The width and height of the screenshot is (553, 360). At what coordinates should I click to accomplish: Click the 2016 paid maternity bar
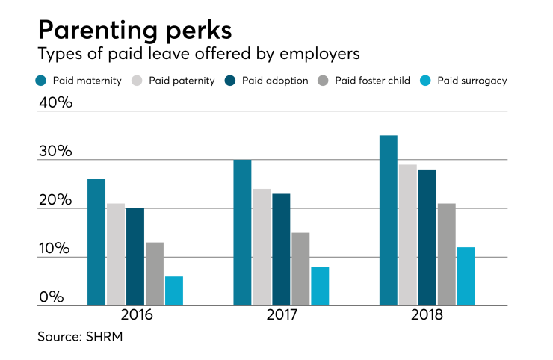pyautogui.click(x=96, y=243)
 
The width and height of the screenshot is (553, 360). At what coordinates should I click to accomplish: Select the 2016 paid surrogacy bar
pyautogui.click(x=174, y=291)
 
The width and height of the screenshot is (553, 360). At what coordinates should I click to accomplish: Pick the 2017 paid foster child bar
pyautogui.click(x=300, y=269)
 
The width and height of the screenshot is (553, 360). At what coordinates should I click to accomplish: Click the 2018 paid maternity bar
pyautogui.click(x=389, y=220)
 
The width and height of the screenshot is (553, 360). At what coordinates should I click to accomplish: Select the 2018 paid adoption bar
pyautogui.click(x=427, y=238)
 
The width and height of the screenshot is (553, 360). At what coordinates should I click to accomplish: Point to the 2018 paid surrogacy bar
pyautogui.click(x=466, y=276)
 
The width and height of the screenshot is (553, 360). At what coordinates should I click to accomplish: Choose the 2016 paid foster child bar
pyautogui.click(x=155, y=274)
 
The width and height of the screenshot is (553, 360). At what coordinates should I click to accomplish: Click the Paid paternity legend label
pyautogui.click(x=182, y=80)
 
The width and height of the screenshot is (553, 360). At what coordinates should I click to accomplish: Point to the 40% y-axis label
pyautogui.click(x=55, y=102)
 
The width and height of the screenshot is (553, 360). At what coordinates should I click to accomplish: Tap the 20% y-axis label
pyautogui.click(x=55, y=200)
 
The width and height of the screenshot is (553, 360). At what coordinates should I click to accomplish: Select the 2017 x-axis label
pyautogui.click(x=280, y=315)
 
